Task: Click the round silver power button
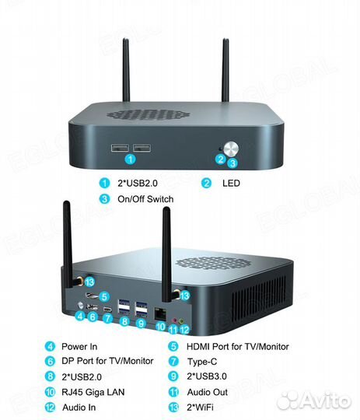[231, 149]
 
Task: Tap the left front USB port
[120, 148]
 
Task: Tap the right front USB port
[142, 148]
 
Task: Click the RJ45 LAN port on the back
[160, 313]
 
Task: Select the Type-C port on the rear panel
[107, 309]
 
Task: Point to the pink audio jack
[174, 320]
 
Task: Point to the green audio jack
[182, 320]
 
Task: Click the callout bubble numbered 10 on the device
[160, 327]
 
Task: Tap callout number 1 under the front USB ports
[131, 159]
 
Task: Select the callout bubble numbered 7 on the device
[107, 318]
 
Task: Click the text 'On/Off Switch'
[145, 199]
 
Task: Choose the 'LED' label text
[231, 184]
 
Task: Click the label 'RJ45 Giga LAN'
[93, 392]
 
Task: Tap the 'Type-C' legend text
[202, 362]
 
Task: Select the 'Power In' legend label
[79, 347]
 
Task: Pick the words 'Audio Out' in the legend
[208, 392]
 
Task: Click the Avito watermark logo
[314, 401]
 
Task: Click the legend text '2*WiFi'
[200, 408]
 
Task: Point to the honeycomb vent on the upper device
[149, 114]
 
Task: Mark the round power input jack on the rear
[80, 306]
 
